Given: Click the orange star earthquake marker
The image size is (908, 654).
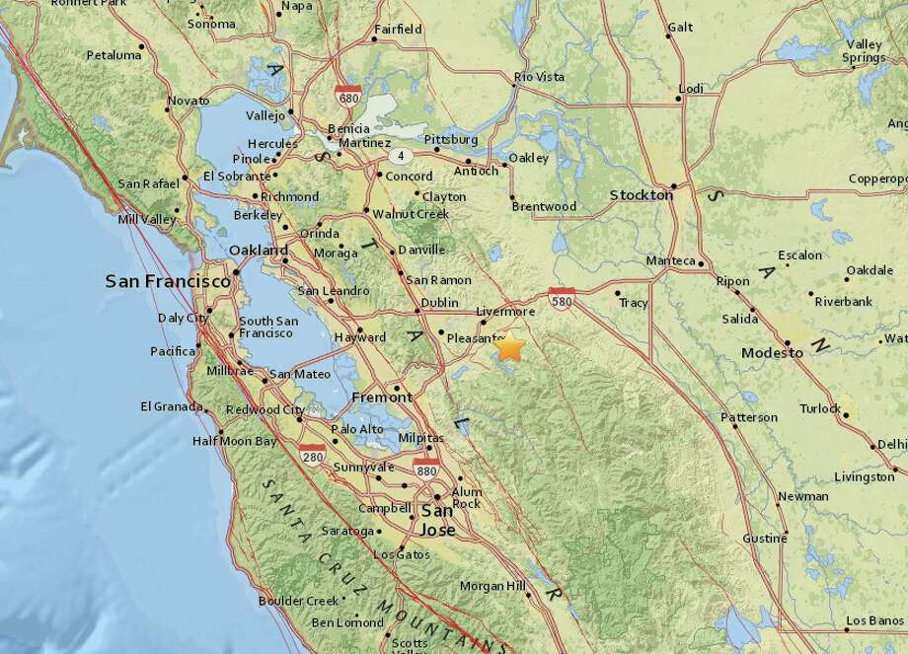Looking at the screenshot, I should point(509,347).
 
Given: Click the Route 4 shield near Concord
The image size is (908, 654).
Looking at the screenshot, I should point(401,156).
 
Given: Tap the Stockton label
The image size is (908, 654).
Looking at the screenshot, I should point(641,195).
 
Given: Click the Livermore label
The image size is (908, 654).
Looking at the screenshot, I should point(504,312).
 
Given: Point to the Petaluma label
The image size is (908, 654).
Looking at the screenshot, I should point(113,55).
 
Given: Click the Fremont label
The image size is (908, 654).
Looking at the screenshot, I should point(382,398).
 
